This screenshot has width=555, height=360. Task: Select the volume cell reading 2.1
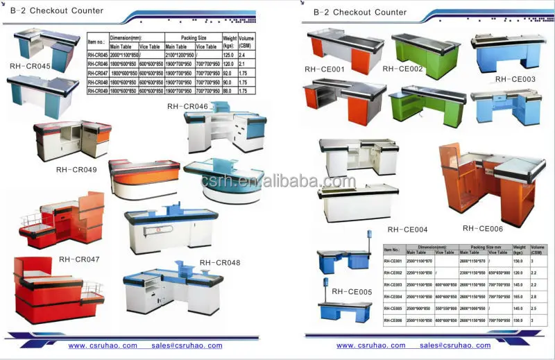tap(242, 63)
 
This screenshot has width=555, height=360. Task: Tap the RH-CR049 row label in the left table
tap(98, 91)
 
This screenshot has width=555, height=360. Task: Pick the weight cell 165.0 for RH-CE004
tap(518, 296)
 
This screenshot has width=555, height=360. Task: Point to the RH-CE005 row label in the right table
tap(393, 307)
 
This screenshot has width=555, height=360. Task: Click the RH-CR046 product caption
tap(187, 106)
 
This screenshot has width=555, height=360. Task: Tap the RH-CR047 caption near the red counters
tap(79, 259)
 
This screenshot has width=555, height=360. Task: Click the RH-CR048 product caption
tap(220, 263)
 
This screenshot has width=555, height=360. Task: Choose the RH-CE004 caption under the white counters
tap(407, 229)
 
